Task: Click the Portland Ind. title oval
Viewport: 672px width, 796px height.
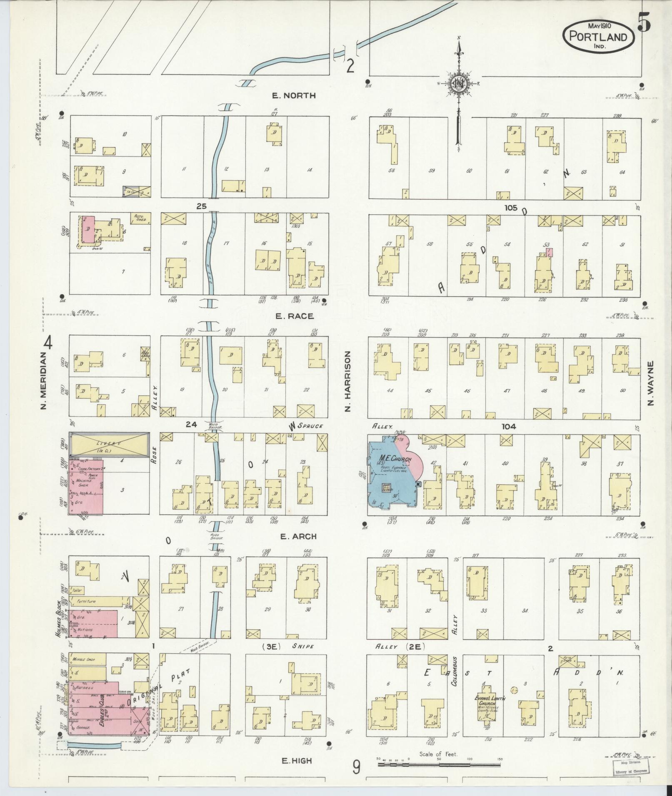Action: [598, 36]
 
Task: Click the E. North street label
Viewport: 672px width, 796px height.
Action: [293, 95]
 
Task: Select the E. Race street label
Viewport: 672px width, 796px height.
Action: [294, 316]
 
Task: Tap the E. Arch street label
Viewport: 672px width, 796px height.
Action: [298, 536]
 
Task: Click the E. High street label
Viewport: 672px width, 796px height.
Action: [297, 761]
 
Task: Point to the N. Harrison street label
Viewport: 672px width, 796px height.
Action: [348, 381]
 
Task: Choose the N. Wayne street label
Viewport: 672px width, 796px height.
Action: [651, 383]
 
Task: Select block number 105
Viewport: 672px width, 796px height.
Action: [510, 207]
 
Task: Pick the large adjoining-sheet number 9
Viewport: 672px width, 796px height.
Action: [356, 768]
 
